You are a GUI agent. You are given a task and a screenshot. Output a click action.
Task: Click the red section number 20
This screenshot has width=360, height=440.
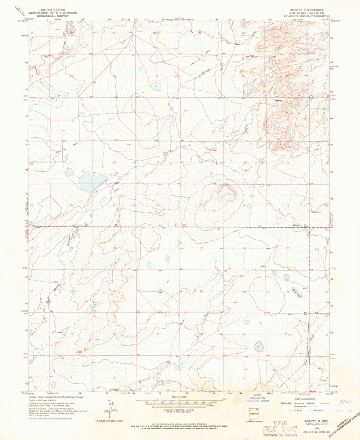201,248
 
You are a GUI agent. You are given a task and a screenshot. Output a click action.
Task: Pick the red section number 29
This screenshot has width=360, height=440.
201,291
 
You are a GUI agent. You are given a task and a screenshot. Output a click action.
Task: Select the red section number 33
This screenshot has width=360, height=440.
244,334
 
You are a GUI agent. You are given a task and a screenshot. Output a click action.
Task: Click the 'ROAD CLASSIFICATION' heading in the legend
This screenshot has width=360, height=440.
303,399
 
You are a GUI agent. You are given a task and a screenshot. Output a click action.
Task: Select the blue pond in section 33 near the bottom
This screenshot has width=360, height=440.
258,345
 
